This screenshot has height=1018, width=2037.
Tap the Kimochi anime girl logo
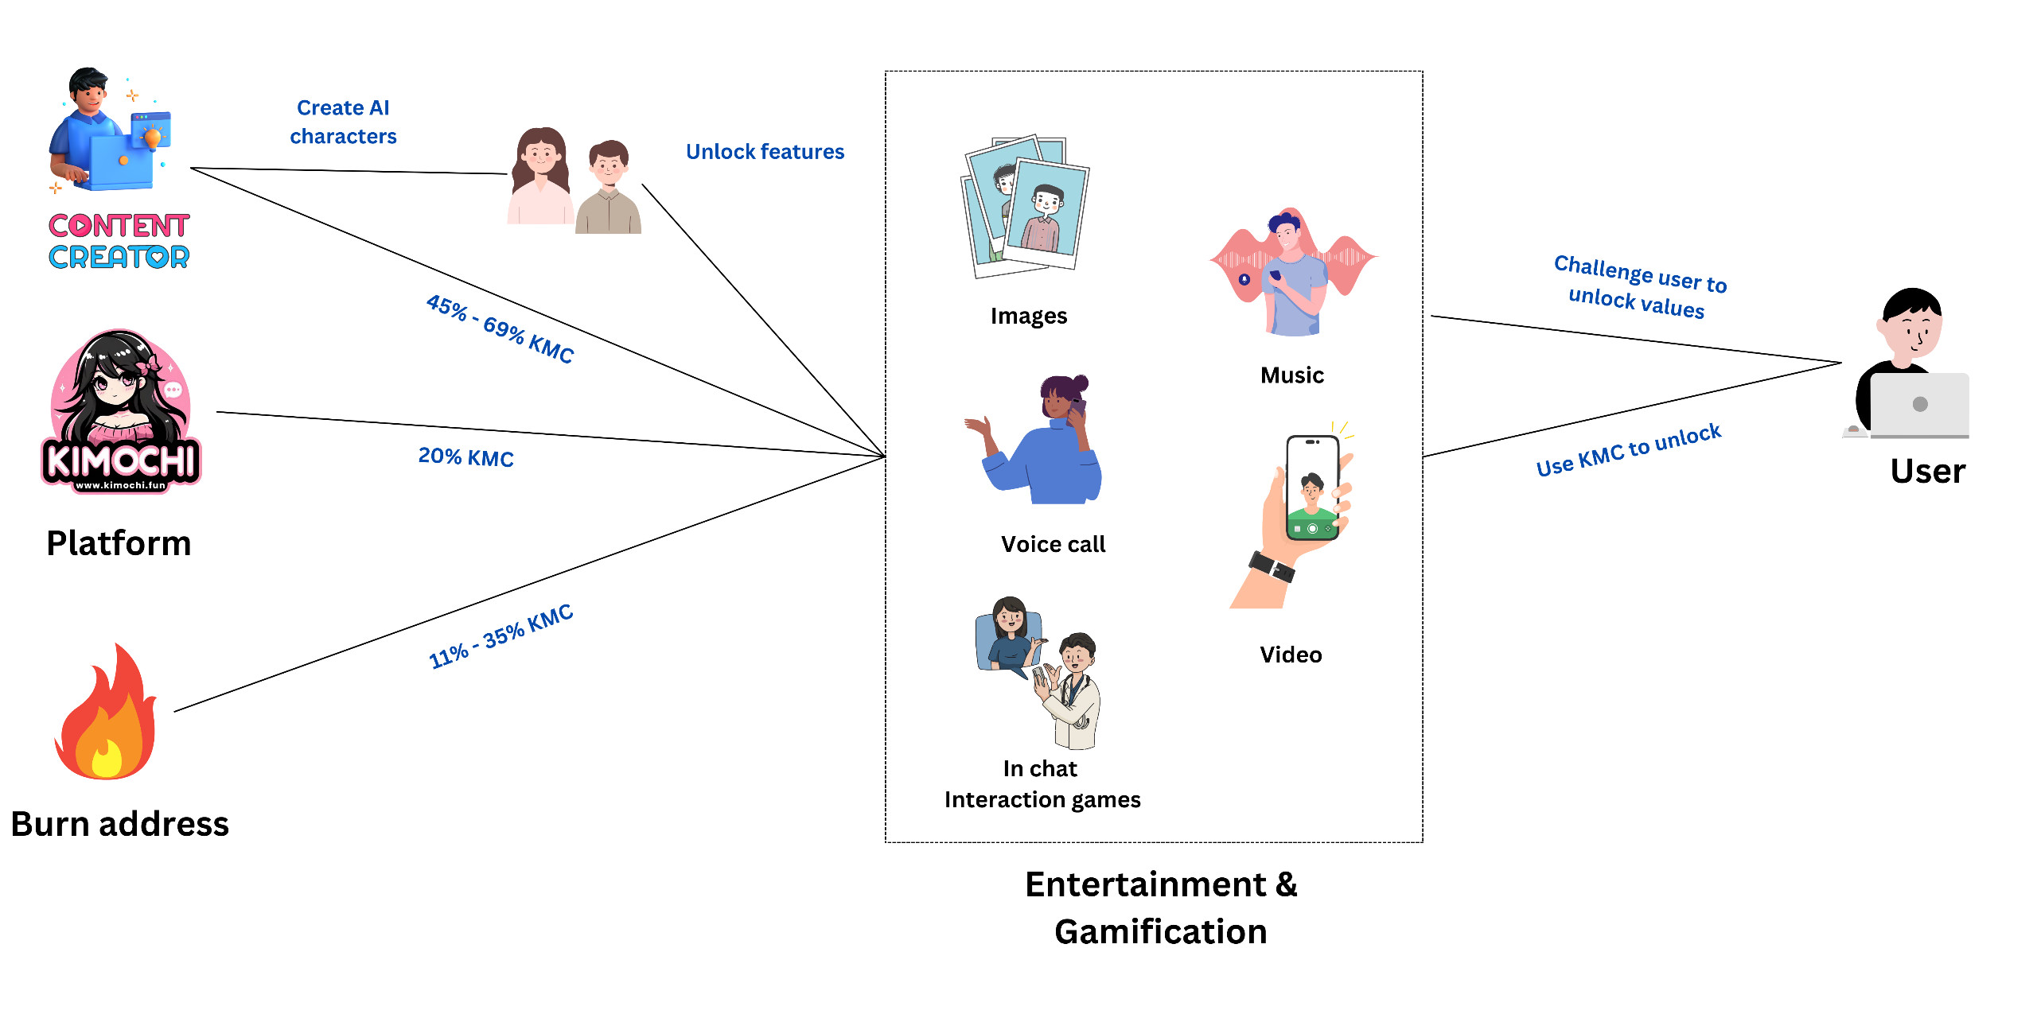pos(121,412)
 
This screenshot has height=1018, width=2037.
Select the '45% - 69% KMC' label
pos(500,328)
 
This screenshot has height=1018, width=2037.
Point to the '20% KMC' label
pos(465,457)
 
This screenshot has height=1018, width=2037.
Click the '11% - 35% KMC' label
pos(500,636)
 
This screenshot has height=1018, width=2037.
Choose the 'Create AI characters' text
pos(343,122)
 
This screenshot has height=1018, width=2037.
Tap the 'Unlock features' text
pos(765,151)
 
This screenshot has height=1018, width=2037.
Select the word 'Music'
pos(1291,375)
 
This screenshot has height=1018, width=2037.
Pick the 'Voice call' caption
pos(1053,544)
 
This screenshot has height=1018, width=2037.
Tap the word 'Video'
pos(1291,655)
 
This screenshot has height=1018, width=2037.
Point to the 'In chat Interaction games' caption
pos(1042,783)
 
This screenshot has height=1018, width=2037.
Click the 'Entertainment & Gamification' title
pos(1160,907)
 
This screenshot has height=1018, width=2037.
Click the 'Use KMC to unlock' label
pos(1628,450)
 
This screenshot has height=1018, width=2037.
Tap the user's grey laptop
pos(1919,405)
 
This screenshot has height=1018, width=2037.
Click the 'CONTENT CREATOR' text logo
pos(119,241)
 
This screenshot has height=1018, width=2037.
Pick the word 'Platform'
pos(119,543)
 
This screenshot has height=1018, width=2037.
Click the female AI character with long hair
pos(540,177)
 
